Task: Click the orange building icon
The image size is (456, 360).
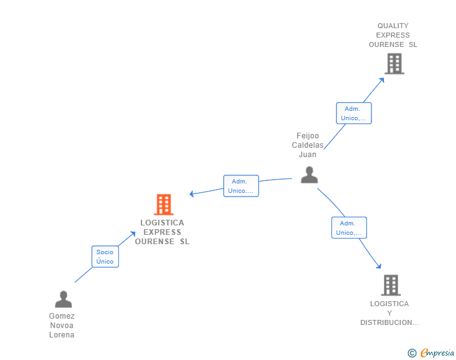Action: pos(163,204)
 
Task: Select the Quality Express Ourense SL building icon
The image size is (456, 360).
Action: pos(394,64)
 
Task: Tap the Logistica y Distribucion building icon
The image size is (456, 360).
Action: pos(391,285)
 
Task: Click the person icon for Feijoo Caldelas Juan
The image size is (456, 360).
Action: pos(309,175)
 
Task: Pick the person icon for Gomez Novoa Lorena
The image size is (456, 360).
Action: pos(63,299)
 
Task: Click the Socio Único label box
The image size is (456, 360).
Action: pos(105,257)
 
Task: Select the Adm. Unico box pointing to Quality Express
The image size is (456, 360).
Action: pos(354,113)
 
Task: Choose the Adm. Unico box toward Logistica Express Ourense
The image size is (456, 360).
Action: pos(241,186)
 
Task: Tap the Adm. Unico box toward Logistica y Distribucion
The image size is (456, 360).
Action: pos(349,228)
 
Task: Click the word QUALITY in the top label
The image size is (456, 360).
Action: pos(393,26)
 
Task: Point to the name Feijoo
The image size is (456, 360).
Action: pos(308,136)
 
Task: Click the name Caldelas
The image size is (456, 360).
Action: pos(308,145)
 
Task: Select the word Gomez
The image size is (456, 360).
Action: pos(62,316)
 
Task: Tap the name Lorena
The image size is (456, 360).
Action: pos(62,335)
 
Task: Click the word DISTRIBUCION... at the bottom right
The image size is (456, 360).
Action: pos(389,322)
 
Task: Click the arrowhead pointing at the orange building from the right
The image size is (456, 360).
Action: pos(192,193)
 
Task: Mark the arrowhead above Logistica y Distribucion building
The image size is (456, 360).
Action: pos(378,266)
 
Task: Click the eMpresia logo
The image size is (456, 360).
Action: pos(437,353)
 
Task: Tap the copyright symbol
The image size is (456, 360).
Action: pos(412,353)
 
